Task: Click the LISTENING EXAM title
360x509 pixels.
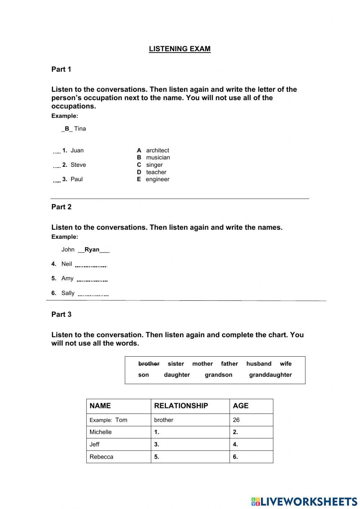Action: coord(180,49)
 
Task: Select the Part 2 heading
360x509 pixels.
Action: coord(62,207)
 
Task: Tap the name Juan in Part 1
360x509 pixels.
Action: coord(77,151)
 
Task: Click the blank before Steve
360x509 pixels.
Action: coord(57,166)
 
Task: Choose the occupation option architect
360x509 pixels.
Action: coord(157,151)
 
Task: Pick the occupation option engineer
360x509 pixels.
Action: coord(157,179)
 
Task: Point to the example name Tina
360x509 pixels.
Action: coord(80,129)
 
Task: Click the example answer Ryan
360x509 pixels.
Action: coord(92,250)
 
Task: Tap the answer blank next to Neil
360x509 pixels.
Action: coord(91,265)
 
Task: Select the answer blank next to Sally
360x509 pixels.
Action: coord(93,294)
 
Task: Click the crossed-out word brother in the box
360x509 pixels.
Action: coord(149,364)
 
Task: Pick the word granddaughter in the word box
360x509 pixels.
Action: coord(270,375)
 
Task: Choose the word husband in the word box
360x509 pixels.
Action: coord(258,364)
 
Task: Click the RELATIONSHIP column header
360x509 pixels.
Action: coord(181,406)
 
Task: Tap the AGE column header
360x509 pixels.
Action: coord(240,406)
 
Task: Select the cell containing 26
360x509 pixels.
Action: coord(251,420)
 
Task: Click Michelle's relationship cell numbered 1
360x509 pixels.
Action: coord(190,432)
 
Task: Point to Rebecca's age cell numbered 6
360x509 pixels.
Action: coord(251,457)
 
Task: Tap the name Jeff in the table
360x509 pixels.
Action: coord(95,445)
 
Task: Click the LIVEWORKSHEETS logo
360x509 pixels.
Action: coord(304,501)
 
